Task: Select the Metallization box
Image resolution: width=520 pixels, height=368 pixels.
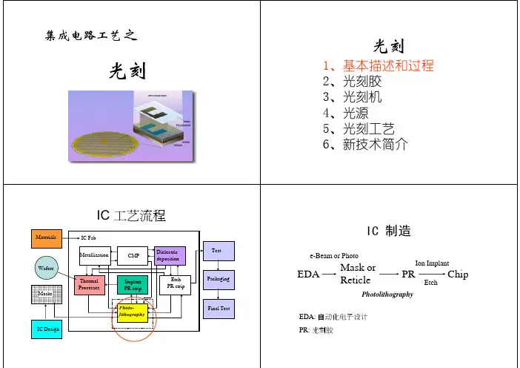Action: (x=94, y=256)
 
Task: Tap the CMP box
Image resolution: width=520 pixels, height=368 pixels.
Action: (x=133, y=256)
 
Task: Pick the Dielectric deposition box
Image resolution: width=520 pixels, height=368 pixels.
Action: (x=167, y=256)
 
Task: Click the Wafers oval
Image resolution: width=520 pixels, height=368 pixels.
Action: (x=44, y=265)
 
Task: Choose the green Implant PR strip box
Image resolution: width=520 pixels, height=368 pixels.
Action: (x=133, y=285)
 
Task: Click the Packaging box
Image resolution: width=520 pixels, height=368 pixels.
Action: (x=217, y=278)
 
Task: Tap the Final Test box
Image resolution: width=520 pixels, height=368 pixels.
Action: (x=217, y=308)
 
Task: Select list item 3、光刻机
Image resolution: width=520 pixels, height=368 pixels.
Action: (x=353, y=96)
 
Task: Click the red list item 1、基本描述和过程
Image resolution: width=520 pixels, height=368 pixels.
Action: (x=379, y=65)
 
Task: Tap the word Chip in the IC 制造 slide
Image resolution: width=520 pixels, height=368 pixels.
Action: (x=458, y=274)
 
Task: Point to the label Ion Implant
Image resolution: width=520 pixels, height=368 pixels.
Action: (x=431, y=263)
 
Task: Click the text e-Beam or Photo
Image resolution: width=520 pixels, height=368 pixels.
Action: (x=333, y=256)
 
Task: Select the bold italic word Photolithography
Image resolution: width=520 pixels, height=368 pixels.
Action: (x=387, y=295)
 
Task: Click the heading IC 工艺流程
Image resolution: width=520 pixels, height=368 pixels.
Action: (x=132, y=216)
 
